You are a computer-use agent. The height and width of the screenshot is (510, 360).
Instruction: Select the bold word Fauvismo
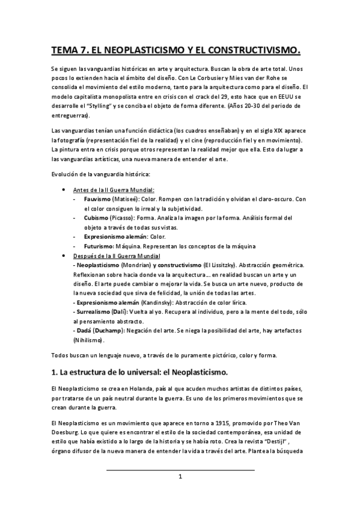pos(96,199)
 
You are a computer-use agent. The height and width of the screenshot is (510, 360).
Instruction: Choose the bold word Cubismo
pos(96,218)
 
